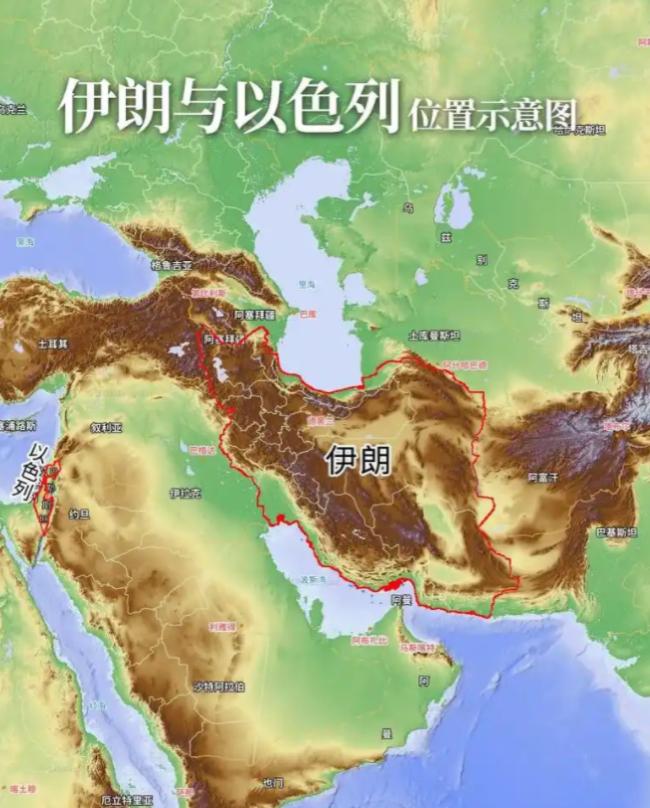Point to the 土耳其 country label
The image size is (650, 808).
coord(52,343)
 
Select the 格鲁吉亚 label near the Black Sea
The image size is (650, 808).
coord(170,265)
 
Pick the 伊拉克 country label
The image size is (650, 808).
coord(185,492)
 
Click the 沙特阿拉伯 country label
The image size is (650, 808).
coord(219,687)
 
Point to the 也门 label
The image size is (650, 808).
coord(272,781)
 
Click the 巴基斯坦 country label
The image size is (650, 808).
coord(615,533)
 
